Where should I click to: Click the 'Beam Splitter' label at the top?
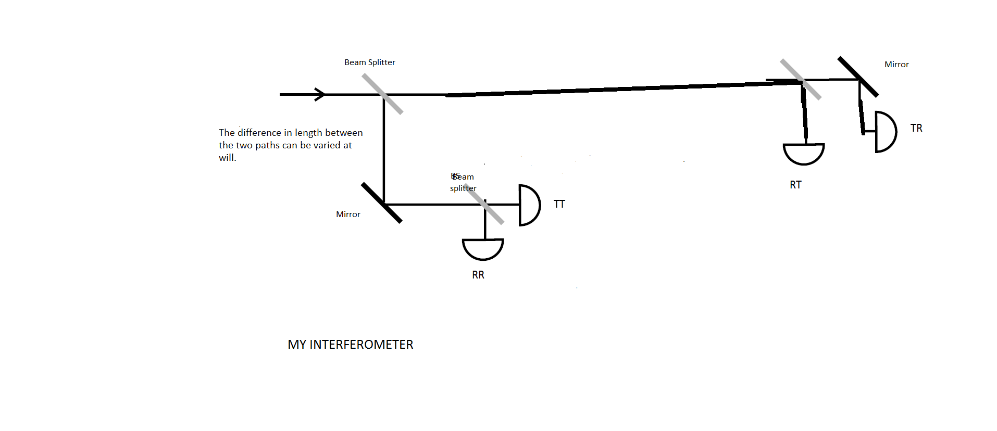(x=369, y=62)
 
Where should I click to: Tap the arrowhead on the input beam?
(x=320, y=94)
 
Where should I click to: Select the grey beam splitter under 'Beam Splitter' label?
(x=382, y=94)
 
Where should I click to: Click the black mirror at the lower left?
(x=382, y=202)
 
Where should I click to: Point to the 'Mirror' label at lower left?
(x=348, y=214)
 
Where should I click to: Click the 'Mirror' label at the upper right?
(x=896, y=65)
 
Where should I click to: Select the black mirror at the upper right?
(x=858, y=77)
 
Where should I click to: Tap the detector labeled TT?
(x=529, y=205)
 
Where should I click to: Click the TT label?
(x=559, y=204)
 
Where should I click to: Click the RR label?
(x=478, y=275)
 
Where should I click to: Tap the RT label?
(x=795, y=185)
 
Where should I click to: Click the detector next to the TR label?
(x=885, y=132)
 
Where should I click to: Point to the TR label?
(x=916, y=128)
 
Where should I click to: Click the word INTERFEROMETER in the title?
(x=361, y=345)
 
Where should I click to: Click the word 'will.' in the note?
(x=228, y=158)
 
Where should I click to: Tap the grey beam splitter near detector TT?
(x=484, y=205)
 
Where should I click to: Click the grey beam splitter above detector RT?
(x=801, y=79)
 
